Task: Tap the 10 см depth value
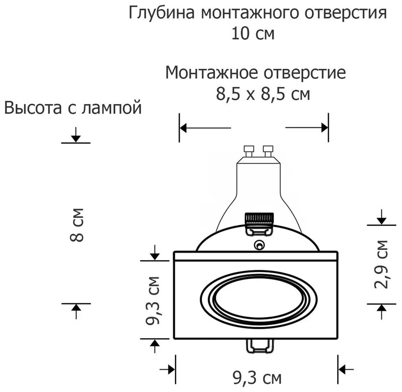coord(253,33)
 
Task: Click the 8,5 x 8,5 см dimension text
coord(263,95)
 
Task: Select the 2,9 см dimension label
coord(381,264)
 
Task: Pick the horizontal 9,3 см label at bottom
coord(257,378)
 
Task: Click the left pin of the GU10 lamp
coord(249,151)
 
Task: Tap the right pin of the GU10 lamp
coord(268,151)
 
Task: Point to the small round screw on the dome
coord(259,246)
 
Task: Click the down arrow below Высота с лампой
coord(75,137)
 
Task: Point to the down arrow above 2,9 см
coord(381,219)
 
